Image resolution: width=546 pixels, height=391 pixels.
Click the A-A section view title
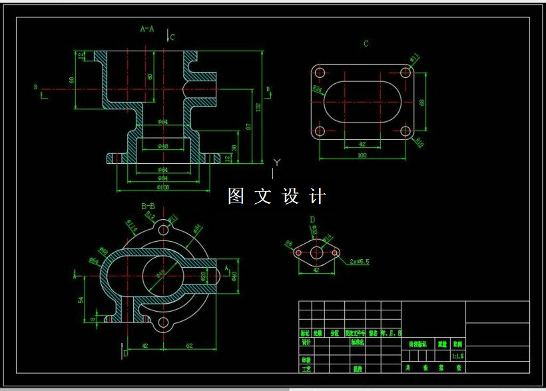point(147,29)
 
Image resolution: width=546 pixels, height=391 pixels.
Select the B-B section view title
point(148,206)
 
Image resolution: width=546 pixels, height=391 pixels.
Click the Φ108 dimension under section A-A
point(163,187)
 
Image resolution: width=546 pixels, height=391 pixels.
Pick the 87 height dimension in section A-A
point(248,126)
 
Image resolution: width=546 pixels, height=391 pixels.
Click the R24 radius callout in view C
point(317,88)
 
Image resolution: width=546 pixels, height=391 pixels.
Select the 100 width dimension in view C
point(362,155)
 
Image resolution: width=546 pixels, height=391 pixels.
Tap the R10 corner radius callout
point(420,142)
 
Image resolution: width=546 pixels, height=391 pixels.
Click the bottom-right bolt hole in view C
point(405,131)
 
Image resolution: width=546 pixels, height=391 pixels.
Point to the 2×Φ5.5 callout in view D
point(359,262)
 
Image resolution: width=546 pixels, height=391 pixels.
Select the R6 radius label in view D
point(289,244)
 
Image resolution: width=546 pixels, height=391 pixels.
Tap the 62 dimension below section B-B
point(189,346)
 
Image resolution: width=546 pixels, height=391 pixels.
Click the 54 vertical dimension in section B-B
point(81,300)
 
